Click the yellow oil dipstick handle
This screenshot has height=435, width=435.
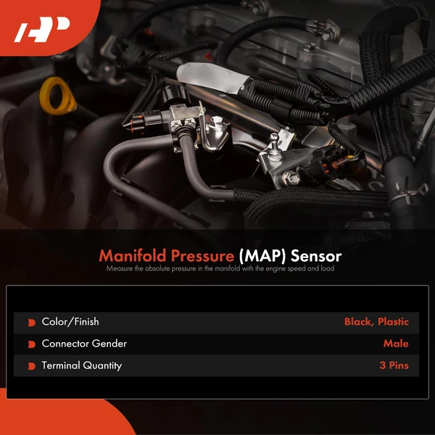pyautogui.click(x=58, y=96)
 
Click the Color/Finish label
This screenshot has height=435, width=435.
pyautogui.click(x=70, y=322)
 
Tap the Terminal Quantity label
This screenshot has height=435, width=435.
pyautogui.click(x=81, y=365)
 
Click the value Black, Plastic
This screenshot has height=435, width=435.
pyautogui.click(x=376, y=322)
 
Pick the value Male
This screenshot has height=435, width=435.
pyautogui.click(x=396, y=344)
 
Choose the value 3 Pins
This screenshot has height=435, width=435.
pyautogui.click(x=394, y=365)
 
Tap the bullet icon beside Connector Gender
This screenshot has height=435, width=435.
pyautogui.click(x=31, y=344)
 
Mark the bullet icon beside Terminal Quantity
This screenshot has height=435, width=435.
pyautogui.click(x=31, y=366)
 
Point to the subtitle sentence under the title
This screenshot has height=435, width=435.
pyautogui.click(x=220, y=269)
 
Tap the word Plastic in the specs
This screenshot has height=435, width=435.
pyautogui.click(x=392, y=322)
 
